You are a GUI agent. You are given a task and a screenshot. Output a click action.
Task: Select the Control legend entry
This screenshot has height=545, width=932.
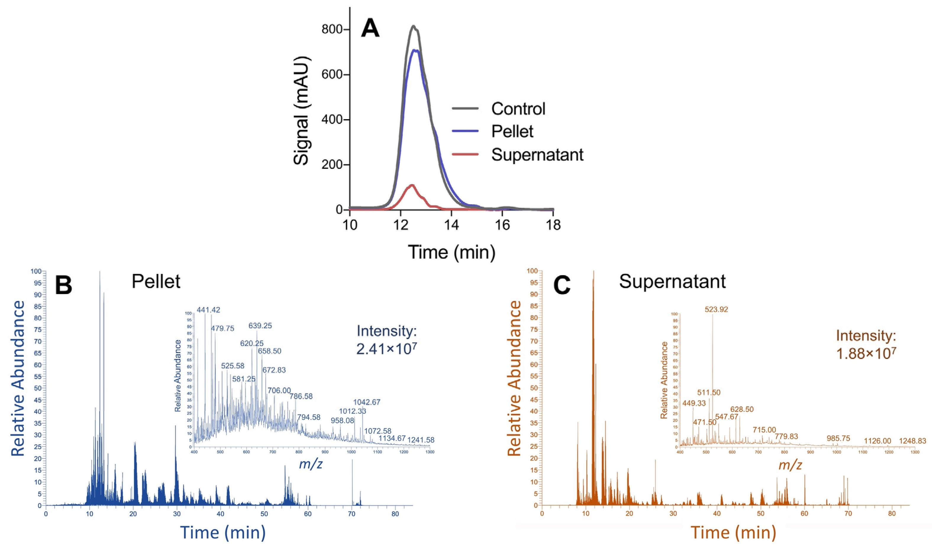518,109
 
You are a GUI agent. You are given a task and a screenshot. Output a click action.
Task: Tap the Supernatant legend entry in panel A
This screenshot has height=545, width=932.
537,155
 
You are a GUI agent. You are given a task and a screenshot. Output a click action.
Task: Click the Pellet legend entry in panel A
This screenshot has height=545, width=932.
512,132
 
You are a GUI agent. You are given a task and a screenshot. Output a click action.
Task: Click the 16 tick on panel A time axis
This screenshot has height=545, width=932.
502,225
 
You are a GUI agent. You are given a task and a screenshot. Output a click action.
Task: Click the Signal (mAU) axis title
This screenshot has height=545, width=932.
301,111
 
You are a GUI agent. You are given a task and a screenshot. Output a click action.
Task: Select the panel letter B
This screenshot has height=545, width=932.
63,286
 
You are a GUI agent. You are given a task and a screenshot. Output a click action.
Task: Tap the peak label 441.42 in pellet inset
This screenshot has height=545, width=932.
208,310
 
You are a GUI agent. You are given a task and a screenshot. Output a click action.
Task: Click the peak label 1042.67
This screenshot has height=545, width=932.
366,402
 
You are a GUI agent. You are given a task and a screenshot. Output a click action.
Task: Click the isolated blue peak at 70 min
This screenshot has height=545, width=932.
352,480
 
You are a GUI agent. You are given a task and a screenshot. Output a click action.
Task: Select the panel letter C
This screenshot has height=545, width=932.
562,286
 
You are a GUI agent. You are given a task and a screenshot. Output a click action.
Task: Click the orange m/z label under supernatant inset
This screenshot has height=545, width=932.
790,465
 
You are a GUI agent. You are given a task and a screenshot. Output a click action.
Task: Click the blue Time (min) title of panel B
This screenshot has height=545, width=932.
222,532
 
